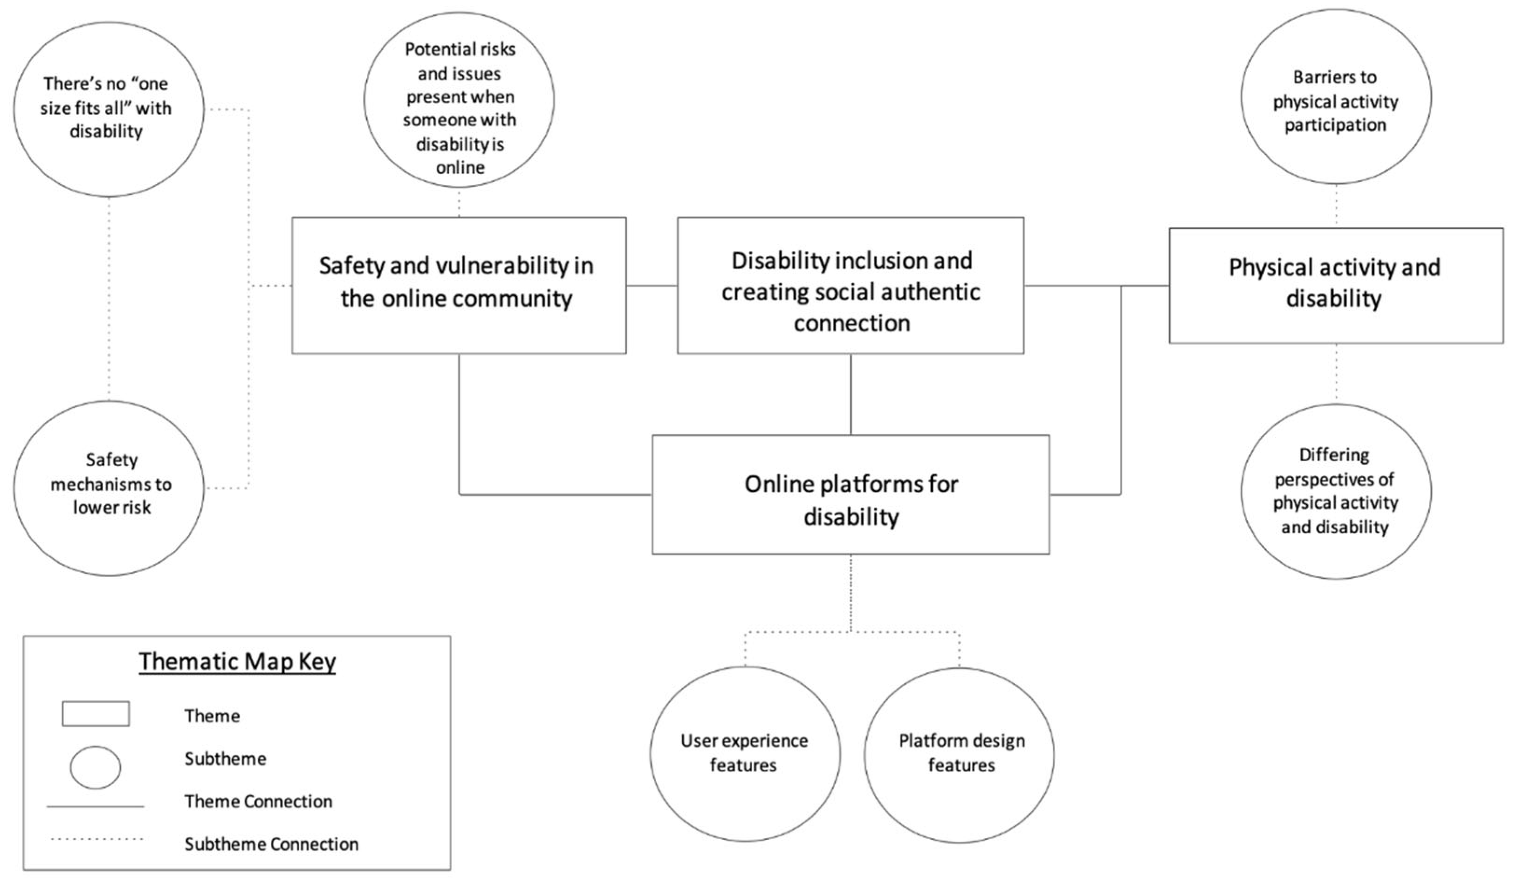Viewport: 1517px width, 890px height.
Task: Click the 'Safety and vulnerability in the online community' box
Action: tap(459, 285)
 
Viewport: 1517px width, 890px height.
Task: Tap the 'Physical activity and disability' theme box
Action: tap(1335, 285)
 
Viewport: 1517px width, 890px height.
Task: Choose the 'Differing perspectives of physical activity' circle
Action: tap(1335, 491)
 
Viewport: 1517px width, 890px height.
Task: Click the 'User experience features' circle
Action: tap(745, 753)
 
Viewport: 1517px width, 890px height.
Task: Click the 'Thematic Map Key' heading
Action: tap(237, 661)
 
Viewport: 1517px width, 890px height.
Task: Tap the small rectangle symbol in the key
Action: tap(96, 714)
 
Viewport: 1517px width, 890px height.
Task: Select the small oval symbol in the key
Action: tap(95, 767)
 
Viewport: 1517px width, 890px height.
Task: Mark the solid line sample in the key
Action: tap(95, 806)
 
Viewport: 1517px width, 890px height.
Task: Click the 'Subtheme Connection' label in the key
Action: tap(271, 844)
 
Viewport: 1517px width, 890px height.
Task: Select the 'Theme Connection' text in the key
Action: tap(258, 801)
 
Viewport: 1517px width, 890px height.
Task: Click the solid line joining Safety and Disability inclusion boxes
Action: tap(652, 285)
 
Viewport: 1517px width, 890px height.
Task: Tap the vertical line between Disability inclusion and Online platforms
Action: tap(851, 394)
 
